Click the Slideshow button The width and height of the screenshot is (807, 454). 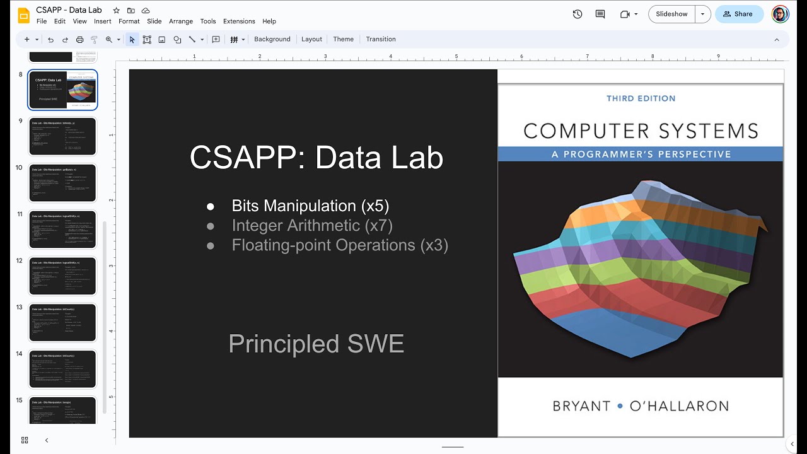click(671, 14)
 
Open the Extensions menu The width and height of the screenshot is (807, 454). click(239, 21)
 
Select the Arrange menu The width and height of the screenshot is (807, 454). click(181, 21)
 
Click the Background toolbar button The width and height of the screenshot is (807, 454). click(272, 39)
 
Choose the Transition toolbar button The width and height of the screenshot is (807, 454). click(381, 39)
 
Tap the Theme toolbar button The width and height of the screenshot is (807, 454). click(343, 39)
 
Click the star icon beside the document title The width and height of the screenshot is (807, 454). click(116, 11)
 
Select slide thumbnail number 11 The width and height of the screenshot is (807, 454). click(62, 230)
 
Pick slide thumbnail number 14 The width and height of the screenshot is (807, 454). click(62, 370)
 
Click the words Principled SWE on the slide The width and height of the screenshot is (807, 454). click(316, 344)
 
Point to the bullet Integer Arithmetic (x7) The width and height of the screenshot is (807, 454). click(312, 225)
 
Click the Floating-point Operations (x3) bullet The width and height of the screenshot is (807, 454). click(340, 245)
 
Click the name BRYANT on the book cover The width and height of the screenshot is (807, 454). click(581, 406)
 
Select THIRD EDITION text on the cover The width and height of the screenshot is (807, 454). click(641, 98)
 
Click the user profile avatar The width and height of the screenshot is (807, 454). click(780, 14)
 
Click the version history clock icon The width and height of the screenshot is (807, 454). click(578, 14)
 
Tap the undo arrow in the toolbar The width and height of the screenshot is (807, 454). click(51, 39)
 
